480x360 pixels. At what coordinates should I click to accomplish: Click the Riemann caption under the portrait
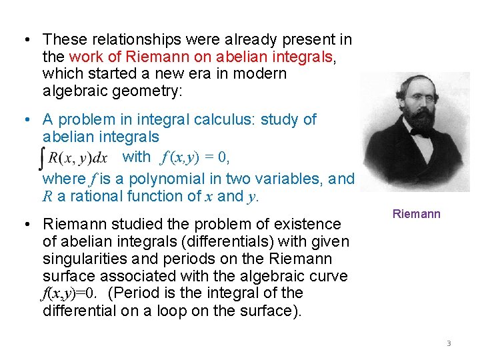(x=417, y=214)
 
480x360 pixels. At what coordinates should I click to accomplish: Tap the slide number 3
(x=449, y=343)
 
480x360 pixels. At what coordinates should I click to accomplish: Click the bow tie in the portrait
(x=421, y=132)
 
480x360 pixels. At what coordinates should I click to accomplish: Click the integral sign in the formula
(x=45, y=158)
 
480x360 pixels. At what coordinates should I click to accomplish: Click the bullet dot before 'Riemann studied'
(x=25, y=224)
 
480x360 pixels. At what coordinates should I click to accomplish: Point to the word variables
(x=287, y=179)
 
